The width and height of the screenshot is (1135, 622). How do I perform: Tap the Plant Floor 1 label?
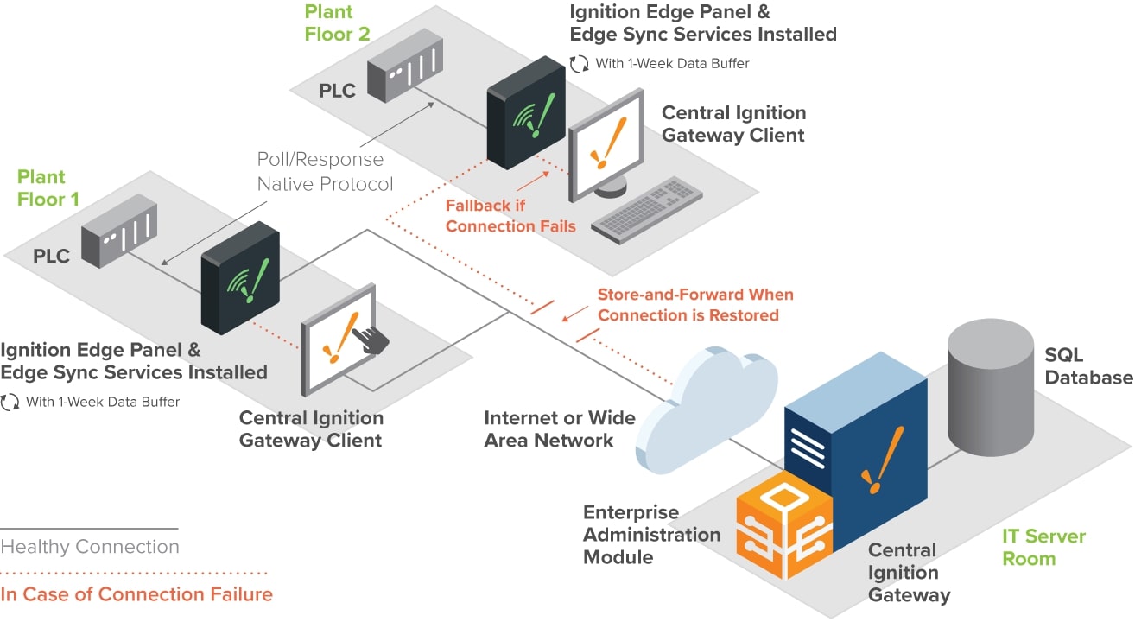[x=48, y=187]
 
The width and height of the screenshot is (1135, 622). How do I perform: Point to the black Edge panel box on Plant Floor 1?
[x=240, y=276]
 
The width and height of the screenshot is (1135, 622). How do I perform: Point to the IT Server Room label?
[x=1043, y=547]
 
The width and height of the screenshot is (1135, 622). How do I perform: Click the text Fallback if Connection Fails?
[x=510, y=216]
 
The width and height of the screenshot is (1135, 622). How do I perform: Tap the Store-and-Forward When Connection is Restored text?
[x=694, y=305]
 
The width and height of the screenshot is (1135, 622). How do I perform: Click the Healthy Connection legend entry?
[x=90, y=547]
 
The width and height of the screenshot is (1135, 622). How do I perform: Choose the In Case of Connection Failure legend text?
[x=136, y=594]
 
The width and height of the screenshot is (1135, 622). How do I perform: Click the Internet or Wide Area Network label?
[x=560, y=428]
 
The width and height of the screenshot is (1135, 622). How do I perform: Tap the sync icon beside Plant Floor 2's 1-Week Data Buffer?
[x=579, y=63]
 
